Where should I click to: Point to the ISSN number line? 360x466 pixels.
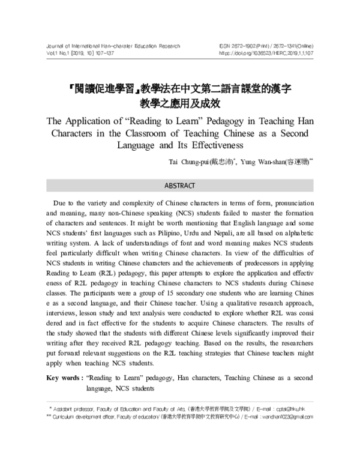pyautogui.click(x=266, y=45)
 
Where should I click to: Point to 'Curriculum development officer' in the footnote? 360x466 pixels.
pyautogui.click(x=88, y=416)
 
